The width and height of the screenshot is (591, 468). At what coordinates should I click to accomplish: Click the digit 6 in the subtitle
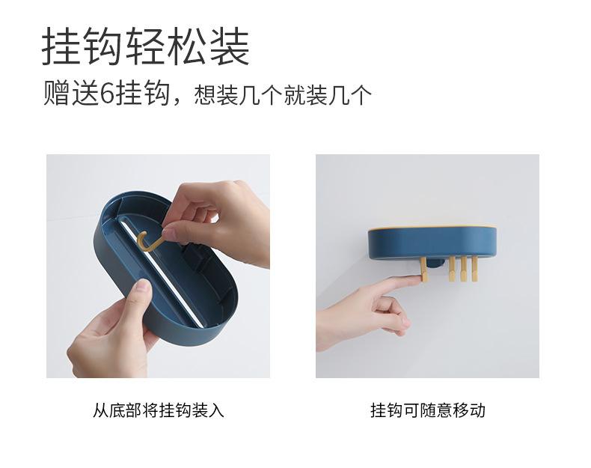point(106,94)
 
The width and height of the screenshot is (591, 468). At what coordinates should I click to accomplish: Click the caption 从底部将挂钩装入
point(158,410)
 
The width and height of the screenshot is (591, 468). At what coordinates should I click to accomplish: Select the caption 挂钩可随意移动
point(427,410)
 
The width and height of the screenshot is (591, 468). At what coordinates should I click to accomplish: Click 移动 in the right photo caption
point(469,410)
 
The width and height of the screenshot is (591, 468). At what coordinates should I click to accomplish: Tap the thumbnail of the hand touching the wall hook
point(427,266)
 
